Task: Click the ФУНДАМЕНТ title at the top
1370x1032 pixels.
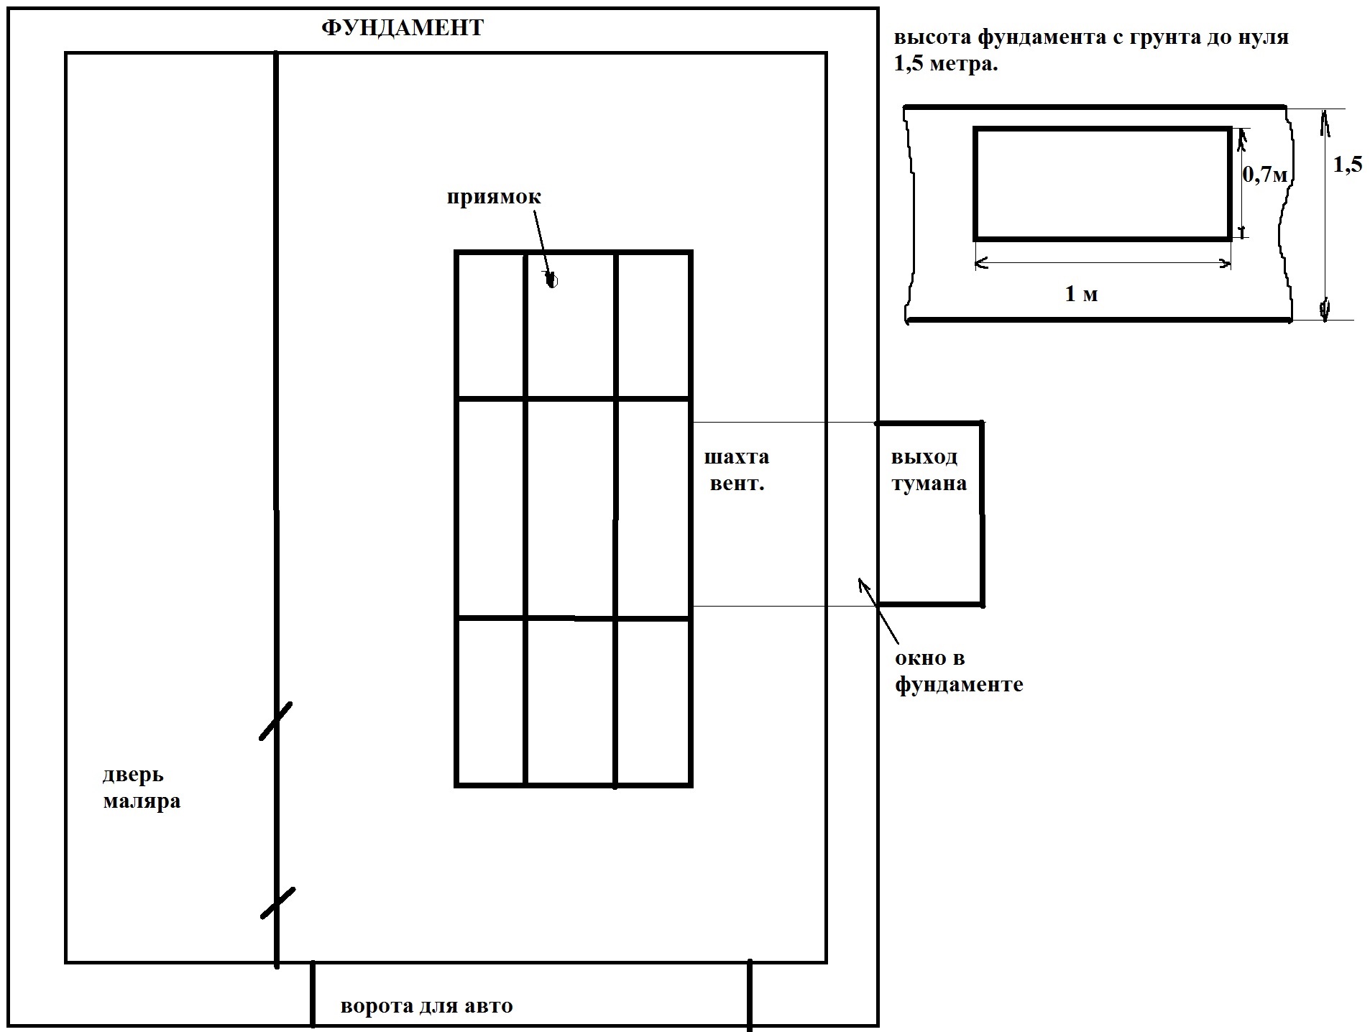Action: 403,28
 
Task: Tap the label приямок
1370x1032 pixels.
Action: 493,197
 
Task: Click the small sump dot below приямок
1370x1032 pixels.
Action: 551,280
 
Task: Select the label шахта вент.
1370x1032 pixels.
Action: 737,470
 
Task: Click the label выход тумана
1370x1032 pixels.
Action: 929,470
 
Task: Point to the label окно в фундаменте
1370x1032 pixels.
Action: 959,671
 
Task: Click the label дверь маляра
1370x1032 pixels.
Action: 142,788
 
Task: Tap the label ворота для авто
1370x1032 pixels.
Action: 427,1005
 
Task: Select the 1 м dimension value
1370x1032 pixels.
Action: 1081,294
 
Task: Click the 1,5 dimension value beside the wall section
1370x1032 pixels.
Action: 1348,165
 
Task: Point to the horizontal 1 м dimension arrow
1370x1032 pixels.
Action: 1103,264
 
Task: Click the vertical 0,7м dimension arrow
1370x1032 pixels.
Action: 1241,183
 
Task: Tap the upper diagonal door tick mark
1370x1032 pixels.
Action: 275,721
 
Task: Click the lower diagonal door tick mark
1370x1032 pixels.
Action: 277,903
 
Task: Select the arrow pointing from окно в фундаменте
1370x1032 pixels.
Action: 878,611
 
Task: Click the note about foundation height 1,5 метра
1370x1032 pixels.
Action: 1091,50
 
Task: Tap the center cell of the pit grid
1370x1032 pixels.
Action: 571,507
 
